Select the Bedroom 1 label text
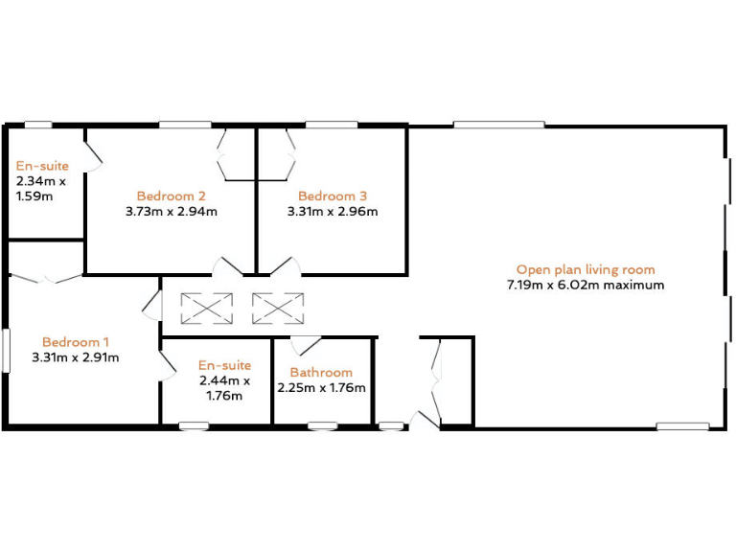(76, 342)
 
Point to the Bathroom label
(321, 372)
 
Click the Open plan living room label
(586, 269)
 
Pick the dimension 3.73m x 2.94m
(172, 212)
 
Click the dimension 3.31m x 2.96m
(333, 212)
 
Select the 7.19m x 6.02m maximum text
(586, 285)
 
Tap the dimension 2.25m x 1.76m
(321, 387)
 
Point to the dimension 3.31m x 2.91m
(76, 357)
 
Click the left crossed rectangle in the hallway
(207, 308)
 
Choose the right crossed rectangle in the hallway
(278, 308)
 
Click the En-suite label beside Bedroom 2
(42, 166)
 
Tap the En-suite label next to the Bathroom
(224, 365)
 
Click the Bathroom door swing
(306, 346)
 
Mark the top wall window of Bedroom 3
(332, 125)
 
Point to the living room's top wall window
(499, 125)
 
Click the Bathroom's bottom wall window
(322, 425)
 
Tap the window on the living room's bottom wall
(682, 425)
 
